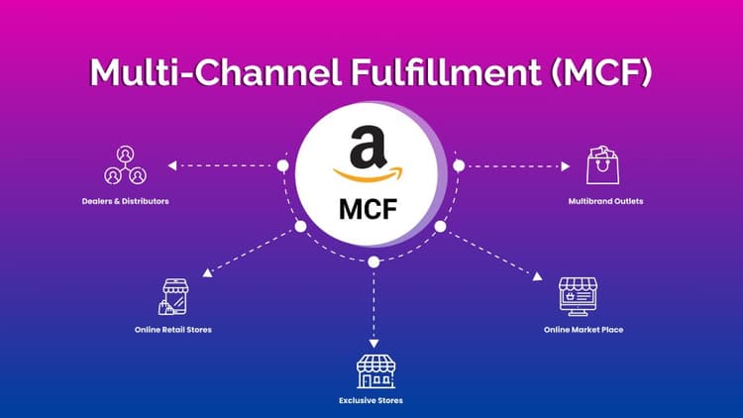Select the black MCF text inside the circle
tap(371, 210)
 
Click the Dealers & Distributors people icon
tap(125, 165)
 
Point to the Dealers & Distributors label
tap(125, 201)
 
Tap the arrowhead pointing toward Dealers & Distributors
tap(171, 165)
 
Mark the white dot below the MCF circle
tap(372, 261)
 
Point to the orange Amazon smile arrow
tap(371, 177)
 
